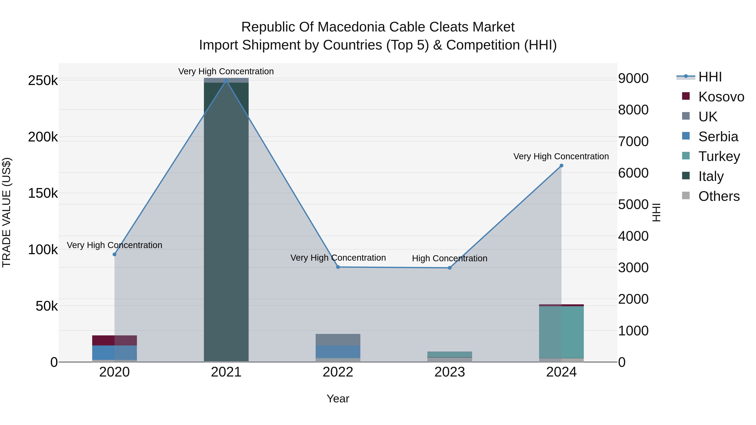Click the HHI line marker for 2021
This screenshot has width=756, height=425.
[226, 81]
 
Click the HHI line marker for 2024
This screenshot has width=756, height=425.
[561, 166]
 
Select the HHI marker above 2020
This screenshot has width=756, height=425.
[114, 255]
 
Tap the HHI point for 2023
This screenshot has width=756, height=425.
[450, 268]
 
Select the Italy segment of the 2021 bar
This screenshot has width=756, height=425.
[226, 220]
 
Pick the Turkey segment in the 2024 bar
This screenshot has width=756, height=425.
[561, 332]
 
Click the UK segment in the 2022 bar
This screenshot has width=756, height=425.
[338, 340]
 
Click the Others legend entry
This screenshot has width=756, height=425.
[719, 196]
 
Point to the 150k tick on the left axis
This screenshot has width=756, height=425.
[43, 193]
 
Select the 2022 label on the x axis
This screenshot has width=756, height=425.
[338, 372]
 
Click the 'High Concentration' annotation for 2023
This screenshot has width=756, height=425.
[450, 258]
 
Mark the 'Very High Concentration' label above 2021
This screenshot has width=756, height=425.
[226, 71]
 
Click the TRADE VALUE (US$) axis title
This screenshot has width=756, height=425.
[7, 212]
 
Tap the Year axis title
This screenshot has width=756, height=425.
[338, 399]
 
